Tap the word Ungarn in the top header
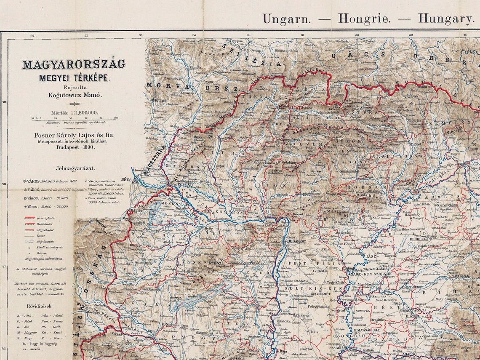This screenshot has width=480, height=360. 287,19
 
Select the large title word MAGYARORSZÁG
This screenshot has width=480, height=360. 74,64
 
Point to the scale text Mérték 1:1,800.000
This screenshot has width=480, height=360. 75,112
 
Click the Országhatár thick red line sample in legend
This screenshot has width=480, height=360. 29,218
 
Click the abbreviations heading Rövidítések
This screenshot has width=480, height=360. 39,306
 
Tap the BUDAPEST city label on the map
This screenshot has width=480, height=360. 297,241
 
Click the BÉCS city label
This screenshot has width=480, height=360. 126,179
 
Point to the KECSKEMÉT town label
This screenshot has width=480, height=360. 320,294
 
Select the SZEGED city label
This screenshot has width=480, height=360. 336,348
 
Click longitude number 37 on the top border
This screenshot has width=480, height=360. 302,35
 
